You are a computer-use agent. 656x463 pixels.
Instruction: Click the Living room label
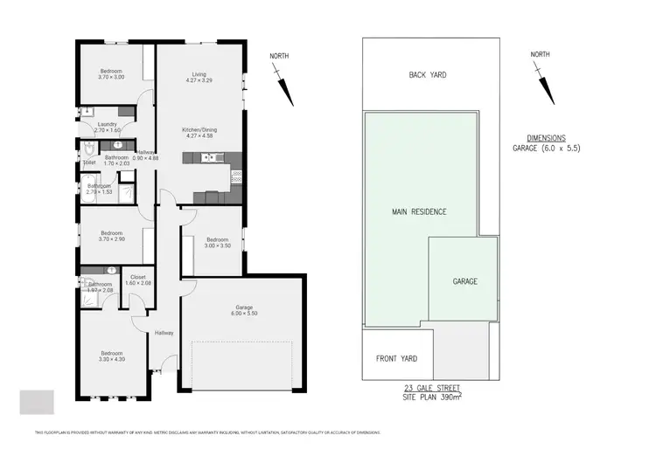[199, 74]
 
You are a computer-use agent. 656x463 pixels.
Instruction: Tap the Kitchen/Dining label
[199, 130]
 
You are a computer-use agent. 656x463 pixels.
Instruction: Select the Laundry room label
[108, 124]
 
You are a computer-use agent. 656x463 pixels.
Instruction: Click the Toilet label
[89, 162]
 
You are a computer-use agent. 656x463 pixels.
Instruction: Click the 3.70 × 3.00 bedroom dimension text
[111, 78]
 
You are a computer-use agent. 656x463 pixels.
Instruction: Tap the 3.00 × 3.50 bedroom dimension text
[218, 245]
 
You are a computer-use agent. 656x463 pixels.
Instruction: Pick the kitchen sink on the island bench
[208, 158]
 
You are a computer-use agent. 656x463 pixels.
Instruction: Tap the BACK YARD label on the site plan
[428, 75]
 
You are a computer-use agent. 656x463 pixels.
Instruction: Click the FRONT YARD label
[397, 359]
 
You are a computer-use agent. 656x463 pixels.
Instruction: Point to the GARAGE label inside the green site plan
[464, 281]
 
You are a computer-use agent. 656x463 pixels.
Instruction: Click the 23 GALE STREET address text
[427, 387]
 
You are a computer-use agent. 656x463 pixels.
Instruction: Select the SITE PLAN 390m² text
[427, 397]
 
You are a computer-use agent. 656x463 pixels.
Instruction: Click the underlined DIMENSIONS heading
[547, 138]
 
